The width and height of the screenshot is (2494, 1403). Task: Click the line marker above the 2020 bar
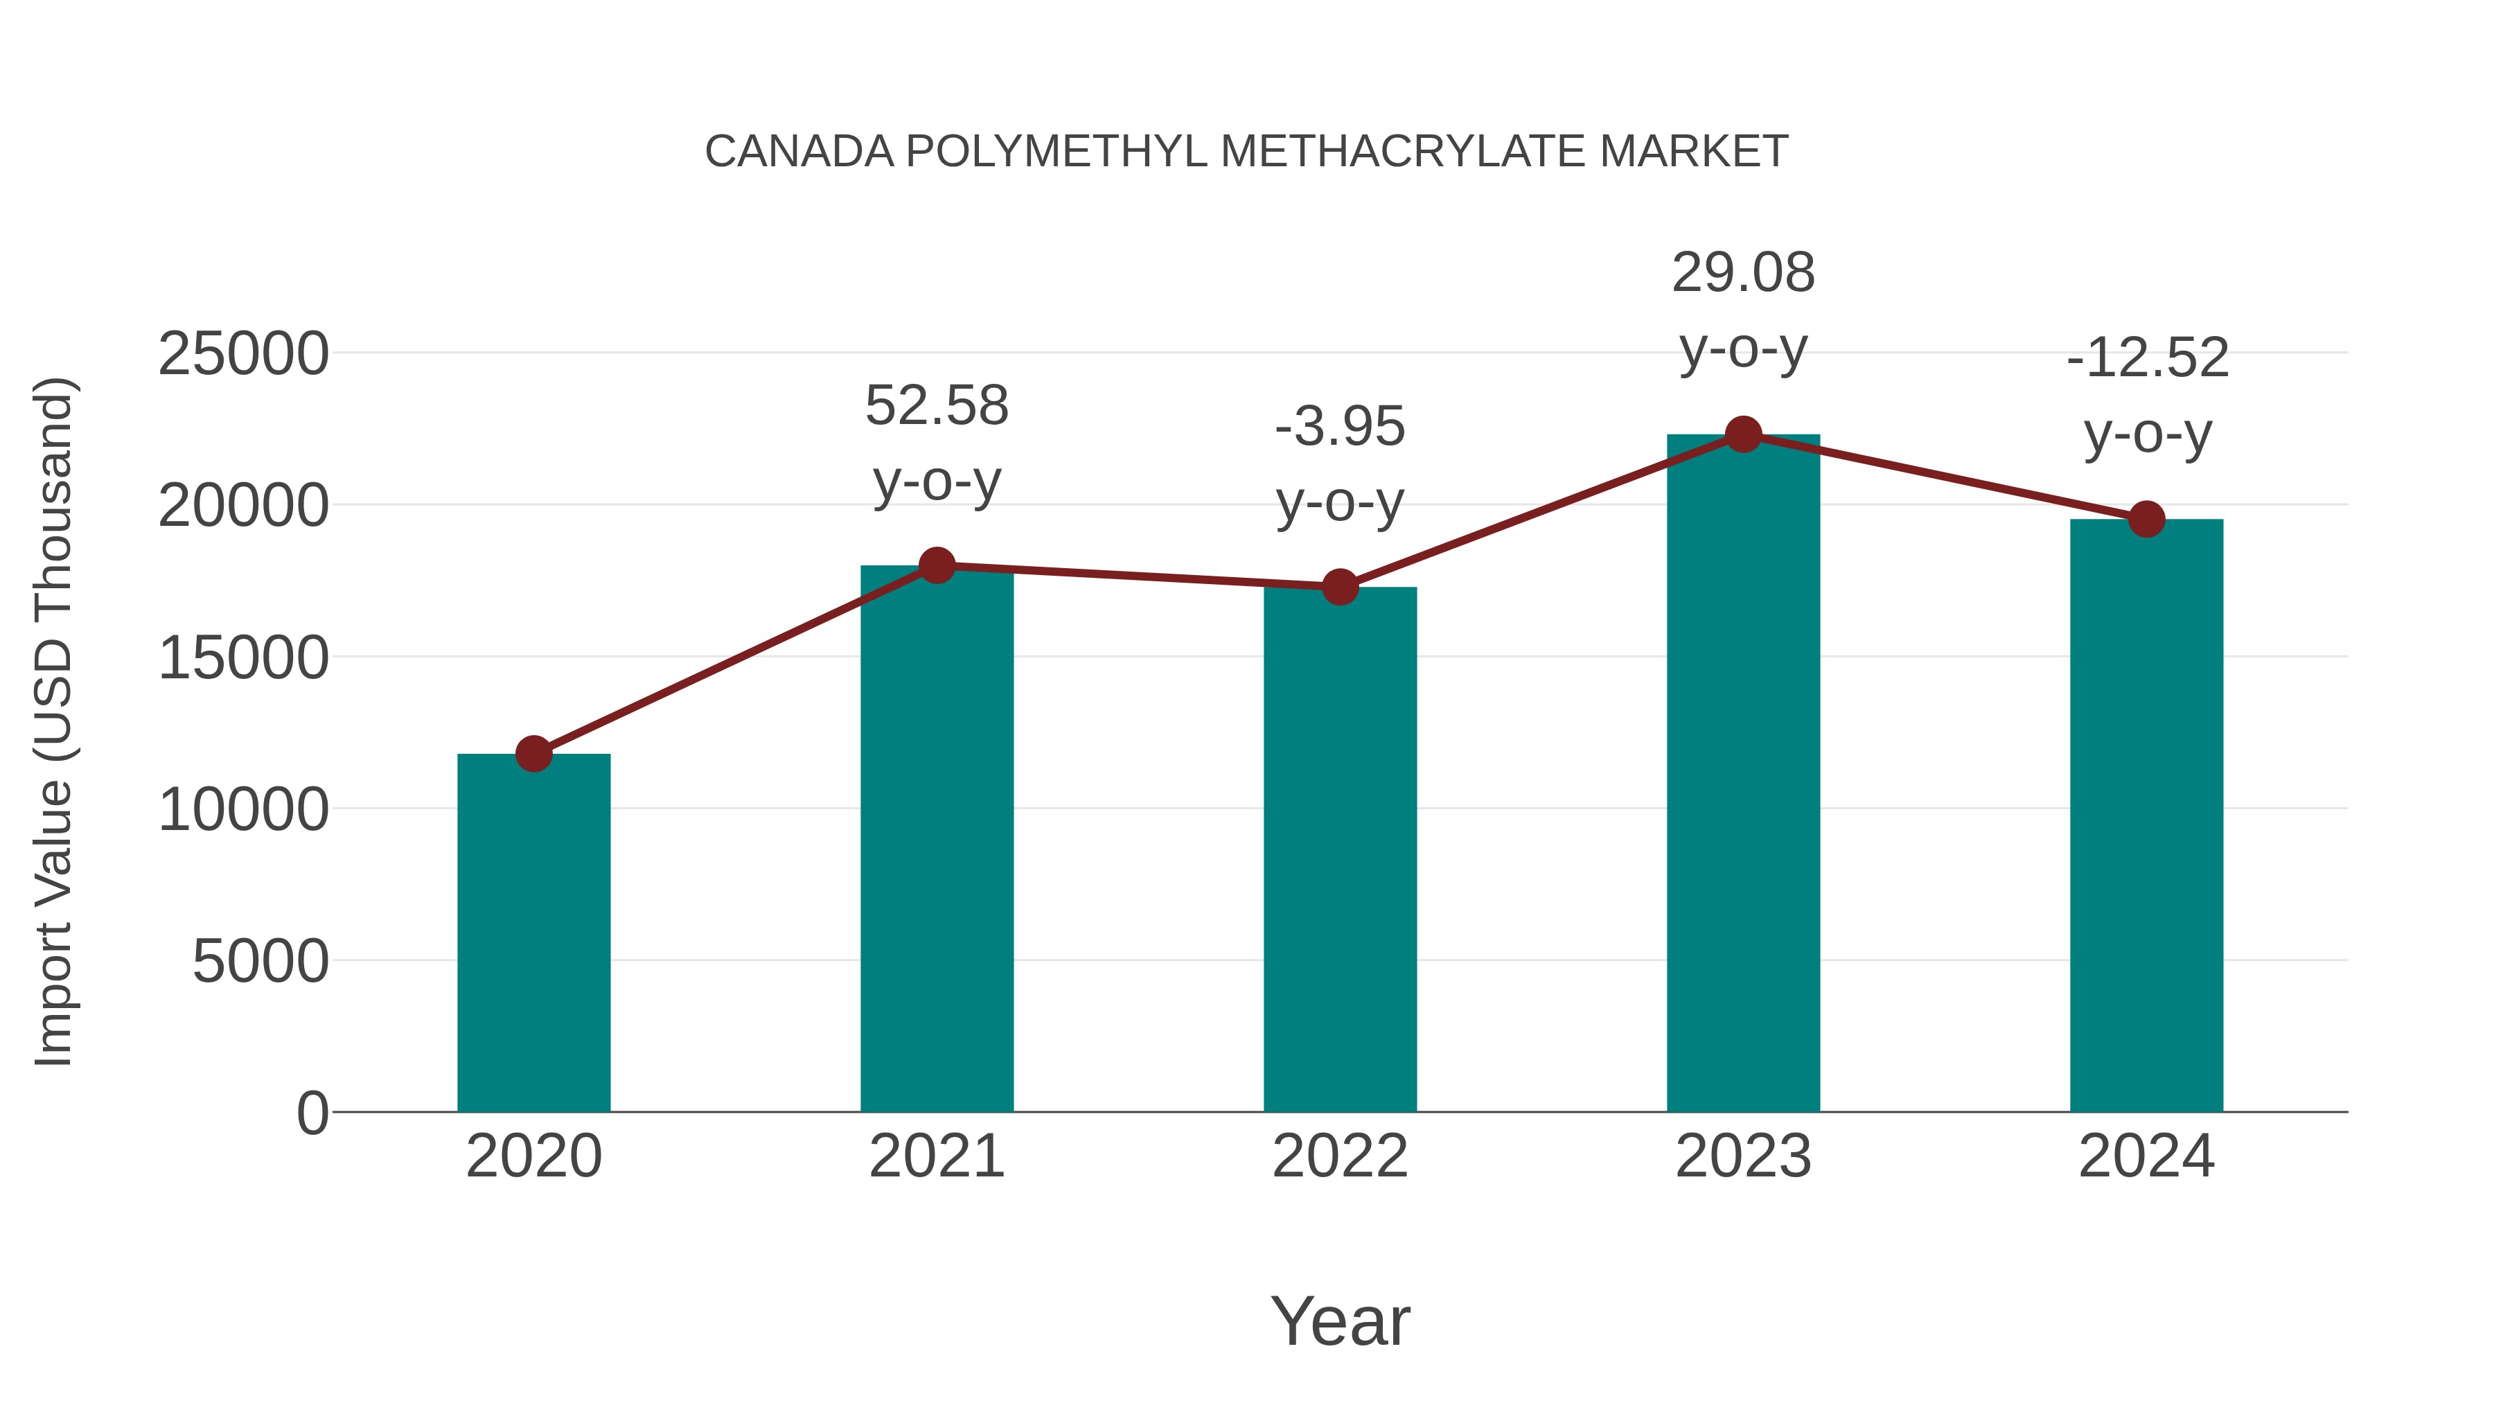tap(533, 753)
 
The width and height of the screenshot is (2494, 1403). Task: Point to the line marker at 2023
tap(1743, 434)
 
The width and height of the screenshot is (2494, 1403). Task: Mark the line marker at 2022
tap(1340, 587)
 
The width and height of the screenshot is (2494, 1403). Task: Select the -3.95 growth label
tap(1340, 426)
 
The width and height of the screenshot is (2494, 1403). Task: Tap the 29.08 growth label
tap(1743, 272)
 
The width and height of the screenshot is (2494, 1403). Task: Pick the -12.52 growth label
tap(2146, 358)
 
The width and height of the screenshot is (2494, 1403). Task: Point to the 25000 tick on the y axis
tap(243, 353)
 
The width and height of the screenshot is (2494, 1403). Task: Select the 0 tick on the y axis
tap(312, 1113)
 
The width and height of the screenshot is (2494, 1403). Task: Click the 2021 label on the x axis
tap(936, 1156)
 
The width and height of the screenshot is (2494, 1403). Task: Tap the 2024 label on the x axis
tap(2146, 1156)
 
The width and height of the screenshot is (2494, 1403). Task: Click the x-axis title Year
tap(1340, 1321)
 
